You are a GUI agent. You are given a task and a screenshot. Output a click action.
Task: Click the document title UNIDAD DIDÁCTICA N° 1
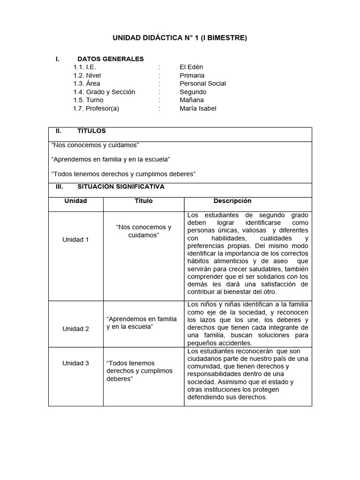180,38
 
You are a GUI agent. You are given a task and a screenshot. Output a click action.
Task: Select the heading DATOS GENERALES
110,59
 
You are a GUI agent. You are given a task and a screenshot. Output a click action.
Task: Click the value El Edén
191,67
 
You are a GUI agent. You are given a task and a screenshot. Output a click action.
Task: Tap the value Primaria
192,75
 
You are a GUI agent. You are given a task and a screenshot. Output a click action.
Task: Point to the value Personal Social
202,83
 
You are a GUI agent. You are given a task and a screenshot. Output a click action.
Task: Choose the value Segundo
193,92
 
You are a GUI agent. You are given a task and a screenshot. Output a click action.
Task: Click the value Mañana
191,100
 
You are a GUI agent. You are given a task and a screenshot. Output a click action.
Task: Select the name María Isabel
198,108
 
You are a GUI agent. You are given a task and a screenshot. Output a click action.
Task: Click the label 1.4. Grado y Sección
104,92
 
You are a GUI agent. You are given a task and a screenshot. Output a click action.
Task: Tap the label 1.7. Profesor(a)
96,108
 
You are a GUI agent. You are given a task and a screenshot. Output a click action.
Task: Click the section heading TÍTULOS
91,131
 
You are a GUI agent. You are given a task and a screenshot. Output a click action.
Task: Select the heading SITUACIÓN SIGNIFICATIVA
120,187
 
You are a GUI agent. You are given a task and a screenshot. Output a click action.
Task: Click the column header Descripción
232,201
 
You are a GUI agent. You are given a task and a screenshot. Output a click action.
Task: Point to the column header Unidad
75,201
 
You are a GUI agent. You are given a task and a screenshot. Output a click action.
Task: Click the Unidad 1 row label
75,240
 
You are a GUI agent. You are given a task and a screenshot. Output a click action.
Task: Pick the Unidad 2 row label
75,329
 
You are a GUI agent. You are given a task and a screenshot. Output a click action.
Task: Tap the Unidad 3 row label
75,363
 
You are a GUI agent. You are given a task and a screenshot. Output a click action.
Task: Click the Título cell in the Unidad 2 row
142,322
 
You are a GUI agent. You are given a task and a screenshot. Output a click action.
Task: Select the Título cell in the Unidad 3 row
139,371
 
